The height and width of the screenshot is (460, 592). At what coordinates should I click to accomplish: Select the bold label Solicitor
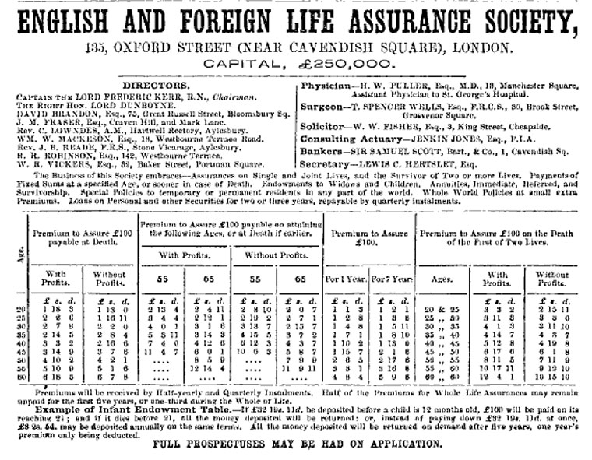(322, 125)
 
